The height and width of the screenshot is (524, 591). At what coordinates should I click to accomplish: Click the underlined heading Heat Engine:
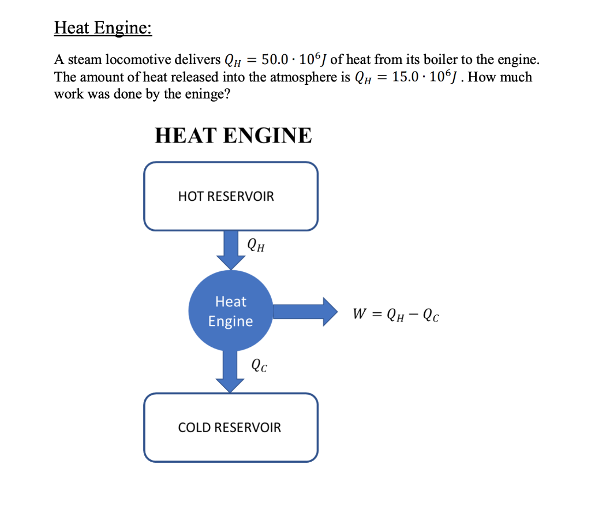103,28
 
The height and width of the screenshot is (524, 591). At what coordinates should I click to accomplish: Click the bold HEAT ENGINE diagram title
233,136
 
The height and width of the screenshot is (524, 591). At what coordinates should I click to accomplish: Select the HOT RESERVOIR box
230,196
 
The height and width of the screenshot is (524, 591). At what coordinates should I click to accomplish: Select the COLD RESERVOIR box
230,428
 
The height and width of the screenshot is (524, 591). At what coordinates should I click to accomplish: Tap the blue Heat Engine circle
230,311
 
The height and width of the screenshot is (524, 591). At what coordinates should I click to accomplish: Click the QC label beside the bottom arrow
259,365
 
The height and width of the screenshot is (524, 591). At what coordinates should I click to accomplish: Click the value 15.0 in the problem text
407,77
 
